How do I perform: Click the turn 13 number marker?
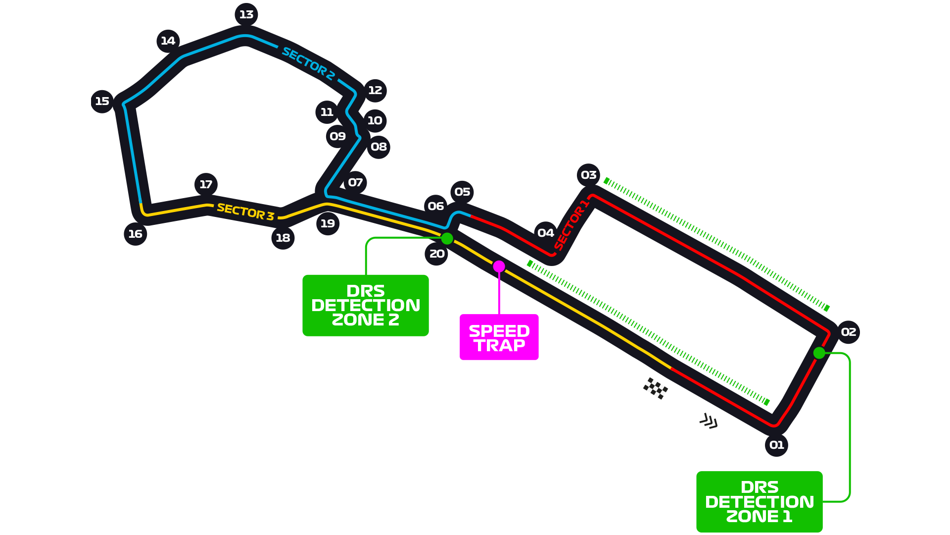246,15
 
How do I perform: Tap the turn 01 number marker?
776,445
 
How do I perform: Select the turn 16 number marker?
135,234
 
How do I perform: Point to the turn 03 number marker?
588,175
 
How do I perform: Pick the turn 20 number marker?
436,254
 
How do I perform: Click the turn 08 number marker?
379,147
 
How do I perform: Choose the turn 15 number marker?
102,101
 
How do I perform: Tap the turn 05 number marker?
462,192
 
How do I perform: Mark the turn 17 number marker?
206,184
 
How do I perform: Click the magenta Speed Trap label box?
499,337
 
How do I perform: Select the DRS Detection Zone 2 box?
365,305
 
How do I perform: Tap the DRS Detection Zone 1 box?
759,501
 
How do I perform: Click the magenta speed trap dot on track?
499,267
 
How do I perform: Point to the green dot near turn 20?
447,238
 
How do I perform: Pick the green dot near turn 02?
819,353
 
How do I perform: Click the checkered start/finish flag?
656,388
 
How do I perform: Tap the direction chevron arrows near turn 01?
709,421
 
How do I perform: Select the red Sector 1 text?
571,224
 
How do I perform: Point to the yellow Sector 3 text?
245,212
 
